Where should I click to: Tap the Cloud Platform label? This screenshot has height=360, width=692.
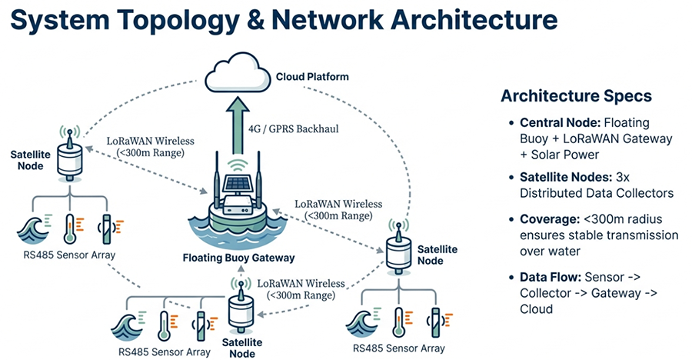[311, 77]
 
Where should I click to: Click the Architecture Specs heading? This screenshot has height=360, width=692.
[576, 96]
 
